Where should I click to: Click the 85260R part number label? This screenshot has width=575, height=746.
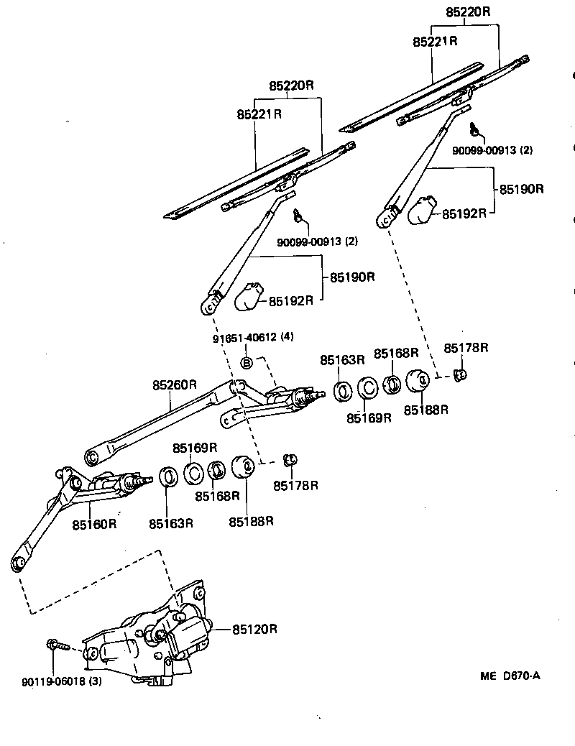(x=174, y=385)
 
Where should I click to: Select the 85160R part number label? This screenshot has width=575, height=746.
(x=94, y=524)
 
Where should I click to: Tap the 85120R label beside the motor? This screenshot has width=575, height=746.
(x=254, y=630)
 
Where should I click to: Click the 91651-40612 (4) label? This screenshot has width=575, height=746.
(x=253, y=337)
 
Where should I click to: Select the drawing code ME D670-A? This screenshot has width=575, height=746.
(x=510, y=676)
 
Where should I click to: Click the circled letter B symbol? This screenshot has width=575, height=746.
(x=245, y=363)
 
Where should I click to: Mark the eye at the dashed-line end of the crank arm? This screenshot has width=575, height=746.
(x=19, y=562)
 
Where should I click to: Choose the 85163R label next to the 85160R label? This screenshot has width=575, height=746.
(x=171, y=523)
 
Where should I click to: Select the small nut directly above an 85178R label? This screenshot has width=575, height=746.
(x=290, y=459)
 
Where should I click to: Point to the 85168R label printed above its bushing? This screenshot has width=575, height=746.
(x=395, y=353)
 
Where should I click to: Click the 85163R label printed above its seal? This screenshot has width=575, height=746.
(x=343, y=359)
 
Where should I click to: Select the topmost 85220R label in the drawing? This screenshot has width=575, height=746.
(x=468, y=12)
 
